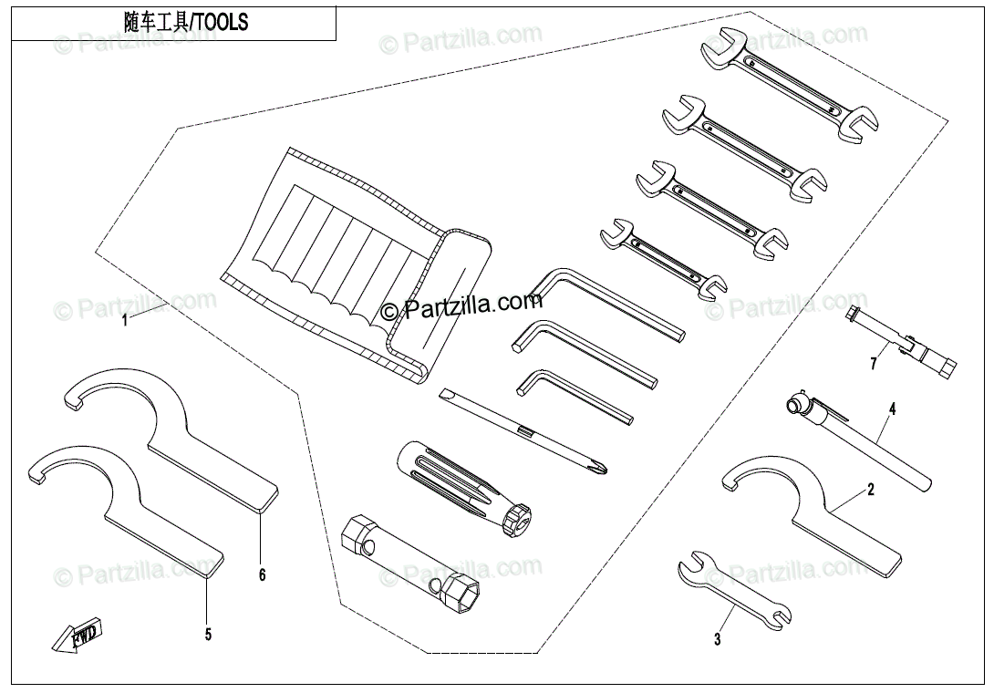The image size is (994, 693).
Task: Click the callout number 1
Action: (127, 320)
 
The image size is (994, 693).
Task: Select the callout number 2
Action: (870, 491)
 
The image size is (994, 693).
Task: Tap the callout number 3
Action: (717, 640)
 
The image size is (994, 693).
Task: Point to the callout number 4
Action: (892, 409)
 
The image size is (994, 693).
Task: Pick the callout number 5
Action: (208, 635)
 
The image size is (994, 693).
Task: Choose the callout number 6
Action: (261, 574)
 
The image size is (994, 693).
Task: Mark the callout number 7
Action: (873, 364)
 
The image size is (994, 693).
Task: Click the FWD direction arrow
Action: (78, 635)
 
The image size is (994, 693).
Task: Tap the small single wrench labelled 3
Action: (734, 592)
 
